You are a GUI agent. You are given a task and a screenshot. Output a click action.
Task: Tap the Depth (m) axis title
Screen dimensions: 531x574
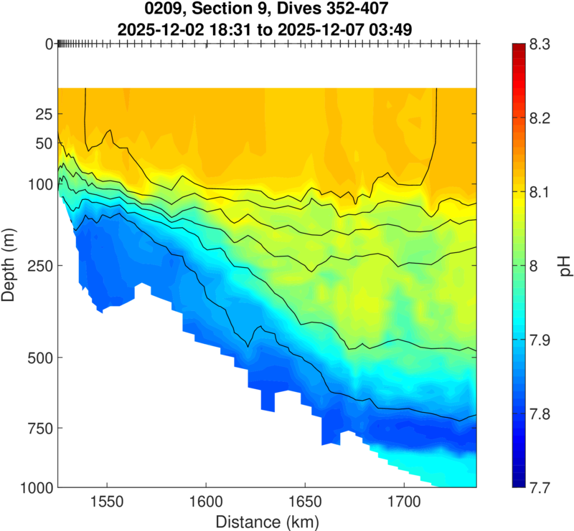tap(11, 265)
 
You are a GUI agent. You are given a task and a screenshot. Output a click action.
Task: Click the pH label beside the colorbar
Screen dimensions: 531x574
tap(566, 266)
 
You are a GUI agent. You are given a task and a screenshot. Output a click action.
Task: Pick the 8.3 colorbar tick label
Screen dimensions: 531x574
tap(541, 44)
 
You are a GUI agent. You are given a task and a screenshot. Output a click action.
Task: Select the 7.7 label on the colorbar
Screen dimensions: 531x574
tap(541, 487)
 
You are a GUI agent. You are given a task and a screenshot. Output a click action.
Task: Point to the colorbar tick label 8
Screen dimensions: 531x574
tap(533, 266)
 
